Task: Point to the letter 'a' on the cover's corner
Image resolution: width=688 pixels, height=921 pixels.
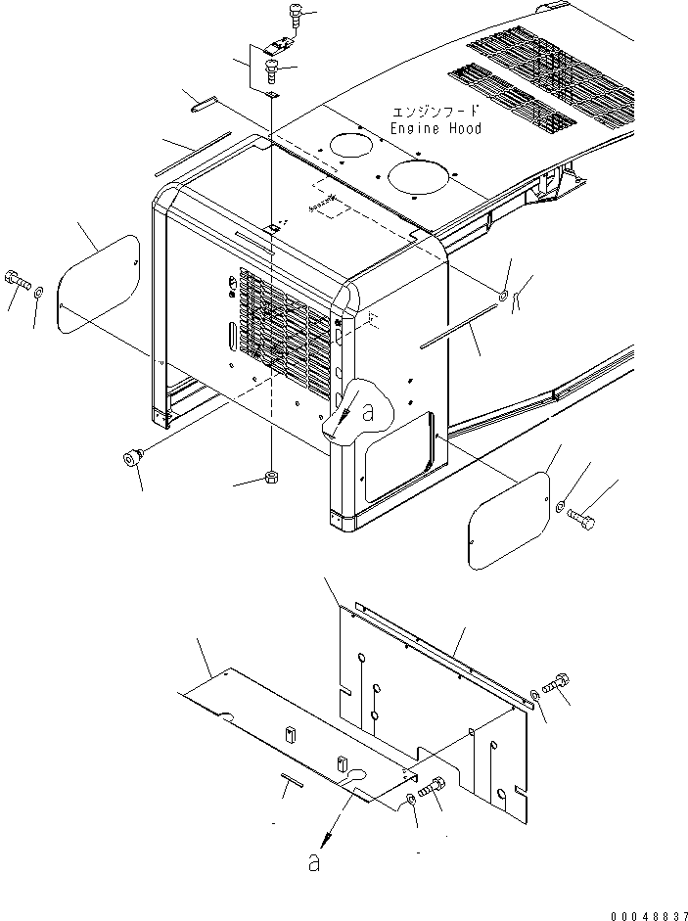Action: coord(367,414)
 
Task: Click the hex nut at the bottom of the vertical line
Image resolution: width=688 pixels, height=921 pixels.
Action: coord(273,478)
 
